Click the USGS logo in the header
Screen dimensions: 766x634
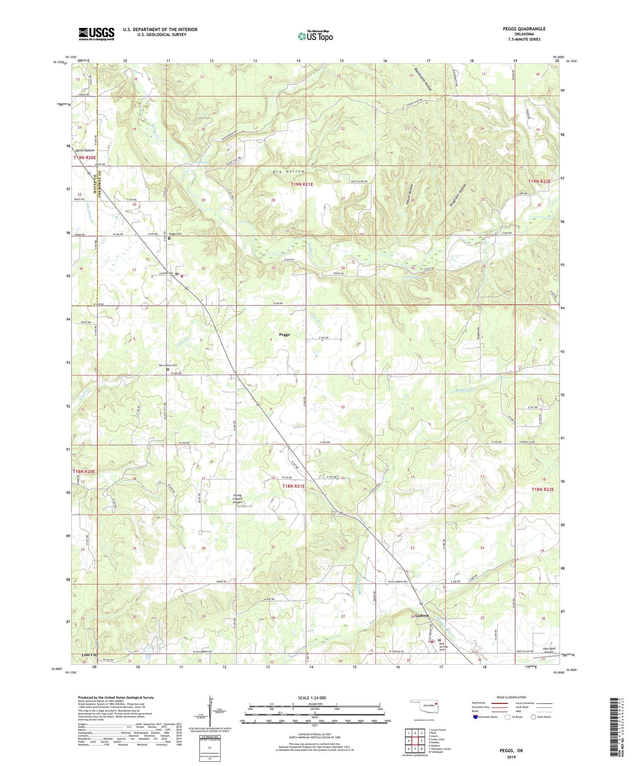tap(96, 34)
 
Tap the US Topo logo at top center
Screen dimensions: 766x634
tap(315, 36)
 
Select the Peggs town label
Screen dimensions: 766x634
tap(284, 334)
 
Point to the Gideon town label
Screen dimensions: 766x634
tap(422, 616)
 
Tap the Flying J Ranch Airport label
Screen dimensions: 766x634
tap(238, 499)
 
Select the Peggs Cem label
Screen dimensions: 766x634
tap(175, 234)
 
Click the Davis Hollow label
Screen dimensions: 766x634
tap(85, 150)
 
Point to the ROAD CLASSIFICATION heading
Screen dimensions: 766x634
tap(511, 697)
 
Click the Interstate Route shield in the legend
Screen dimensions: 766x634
tap(476, 717)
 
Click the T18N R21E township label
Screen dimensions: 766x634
tap(293, 486)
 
